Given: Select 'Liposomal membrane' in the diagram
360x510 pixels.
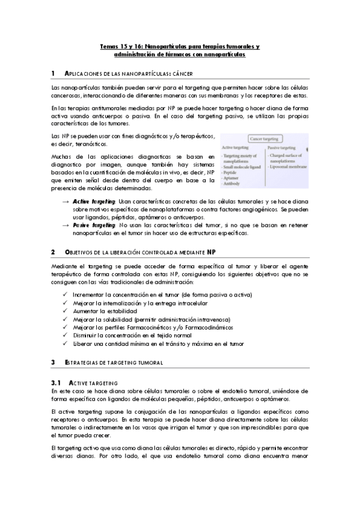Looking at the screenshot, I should point(288,167).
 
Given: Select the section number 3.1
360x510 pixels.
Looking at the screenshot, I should point(56,382).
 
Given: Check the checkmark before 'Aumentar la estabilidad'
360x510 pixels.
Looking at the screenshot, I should point(65,312).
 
